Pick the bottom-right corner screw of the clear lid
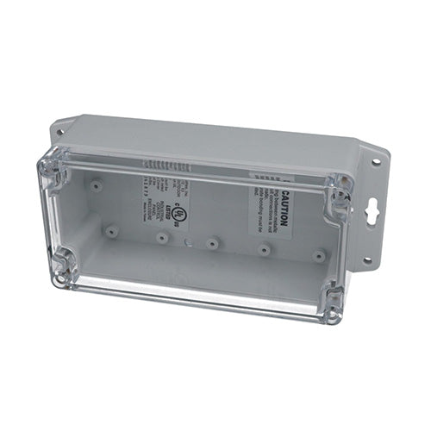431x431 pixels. (332, 303)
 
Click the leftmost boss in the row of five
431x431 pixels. (112, 231)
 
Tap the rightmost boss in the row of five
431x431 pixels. (318, 256)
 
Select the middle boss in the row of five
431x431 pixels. (212, 244)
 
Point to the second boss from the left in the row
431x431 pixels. (162, 237)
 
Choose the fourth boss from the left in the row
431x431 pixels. (265, 250)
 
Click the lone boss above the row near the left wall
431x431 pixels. (97, 184)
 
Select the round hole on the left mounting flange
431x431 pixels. (59, 132)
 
